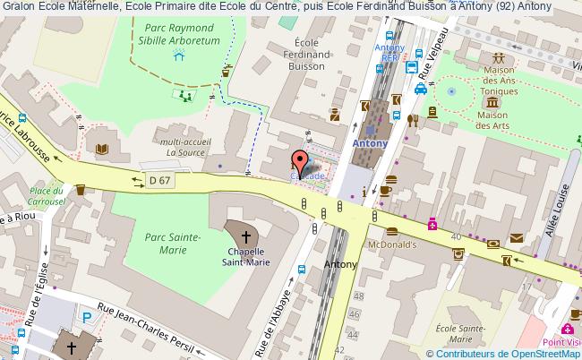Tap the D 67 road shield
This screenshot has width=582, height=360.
click(x=159, y=182)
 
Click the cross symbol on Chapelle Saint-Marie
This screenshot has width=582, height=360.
click(x=245, y=237)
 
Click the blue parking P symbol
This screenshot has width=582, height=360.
click(x=86, y=316)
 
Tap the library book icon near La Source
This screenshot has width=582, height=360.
click(x=101, y=149)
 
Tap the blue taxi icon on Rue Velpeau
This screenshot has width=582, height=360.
click(x=420, y=89)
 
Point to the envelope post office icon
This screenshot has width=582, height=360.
click(x=518, y=238)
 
